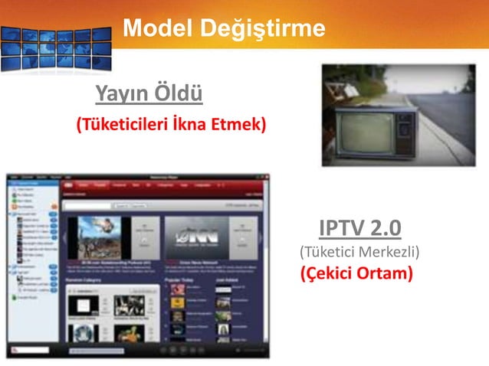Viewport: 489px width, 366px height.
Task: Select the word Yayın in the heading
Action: (x=122, y=95)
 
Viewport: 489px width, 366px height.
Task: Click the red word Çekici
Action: (x=328, y=273)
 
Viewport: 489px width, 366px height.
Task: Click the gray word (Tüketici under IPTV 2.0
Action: (x=323, y=251)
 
